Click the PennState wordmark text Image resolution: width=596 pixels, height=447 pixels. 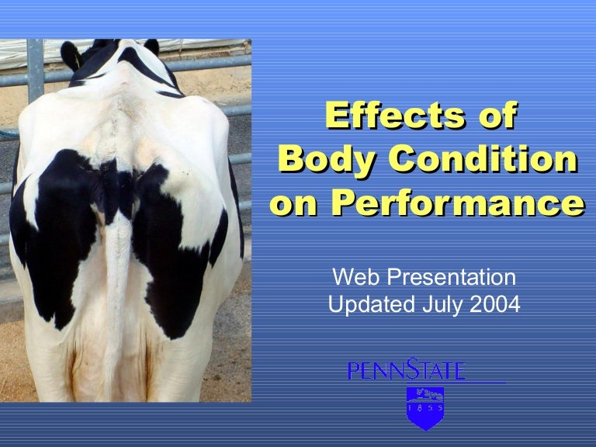pos(407,370)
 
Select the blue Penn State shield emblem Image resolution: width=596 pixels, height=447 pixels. pos(425,407)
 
